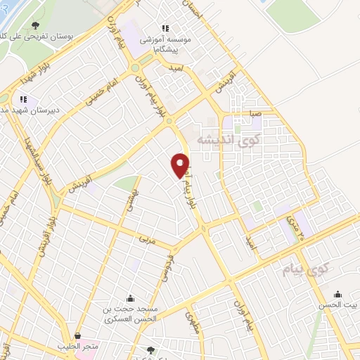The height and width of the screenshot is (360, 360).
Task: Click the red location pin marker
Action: click(180, 165)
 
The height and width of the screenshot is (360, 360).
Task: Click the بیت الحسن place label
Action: click(341, 305)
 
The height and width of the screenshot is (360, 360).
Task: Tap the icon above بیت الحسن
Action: click(337, 294)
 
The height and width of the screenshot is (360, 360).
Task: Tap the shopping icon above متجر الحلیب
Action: click(77, 336)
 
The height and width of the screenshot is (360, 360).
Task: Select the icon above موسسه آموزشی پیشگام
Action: click(165, 27)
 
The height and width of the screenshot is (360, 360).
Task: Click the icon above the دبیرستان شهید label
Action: click(23, 99)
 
